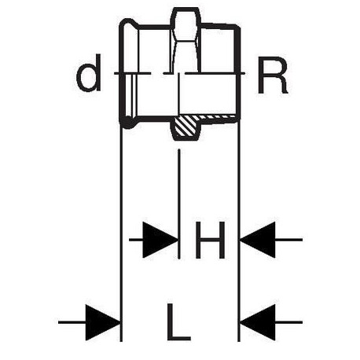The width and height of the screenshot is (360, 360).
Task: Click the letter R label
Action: (273, 75)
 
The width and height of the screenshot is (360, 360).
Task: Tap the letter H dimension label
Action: (210, 240)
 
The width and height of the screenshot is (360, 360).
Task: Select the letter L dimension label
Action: (178, 322)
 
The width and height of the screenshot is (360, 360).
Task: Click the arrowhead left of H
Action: (160, 240)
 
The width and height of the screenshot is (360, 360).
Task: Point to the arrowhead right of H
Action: (258, 240)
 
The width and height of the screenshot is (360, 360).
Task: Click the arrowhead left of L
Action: (103, 322)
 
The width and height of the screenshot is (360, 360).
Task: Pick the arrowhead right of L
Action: (258, 322)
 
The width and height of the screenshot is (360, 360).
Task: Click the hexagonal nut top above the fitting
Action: (186, 17)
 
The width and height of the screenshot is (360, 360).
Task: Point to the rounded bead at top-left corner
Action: (128, 24)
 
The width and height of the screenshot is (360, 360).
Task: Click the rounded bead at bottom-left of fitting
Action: (128, 122)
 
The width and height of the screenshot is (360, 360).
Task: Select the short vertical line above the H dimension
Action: (179, 204)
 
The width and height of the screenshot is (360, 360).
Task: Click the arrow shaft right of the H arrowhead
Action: (288, 240)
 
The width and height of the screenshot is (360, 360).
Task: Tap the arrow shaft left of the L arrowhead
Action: (72, 322)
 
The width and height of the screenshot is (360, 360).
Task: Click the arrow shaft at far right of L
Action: (288, 322)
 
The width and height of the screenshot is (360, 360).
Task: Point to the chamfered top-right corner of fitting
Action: (237, 28)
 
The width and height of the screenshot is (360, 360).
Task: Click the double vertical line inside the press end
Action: (134, 96)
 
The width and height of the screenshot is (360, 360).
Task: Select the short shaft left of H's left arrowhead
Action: (136, 240)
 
